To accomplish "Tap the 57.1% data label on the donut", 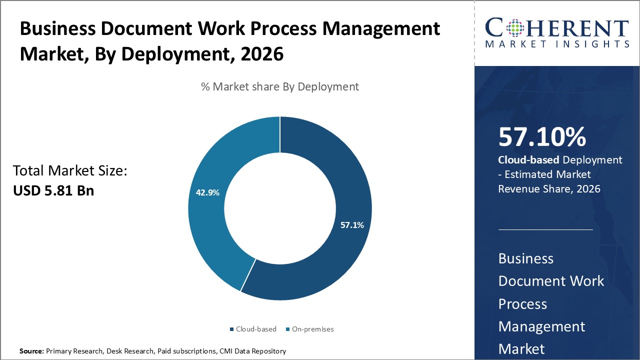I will coord(352,225).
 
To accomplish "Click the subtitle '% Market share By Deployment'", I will coord(279,86).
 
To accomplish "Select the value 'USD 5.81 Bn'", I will coord(53,190).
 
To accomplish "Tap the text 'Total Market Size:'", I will coord(70,171).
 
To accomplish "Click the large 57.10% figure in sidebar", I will coord(542,137).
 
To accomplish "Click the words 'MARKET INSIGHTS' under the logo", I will coord(556,44).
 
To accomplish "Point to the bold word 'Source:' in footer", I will coord(31,351).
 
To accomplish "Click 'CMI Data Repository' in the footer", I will coord(252,351).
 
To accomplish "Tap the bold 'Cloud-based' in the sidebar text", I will coord(529,160).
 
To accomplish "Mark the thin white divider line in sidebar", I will coord(545,229).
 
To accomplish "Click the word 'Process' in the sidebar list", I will coord(522,304).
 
